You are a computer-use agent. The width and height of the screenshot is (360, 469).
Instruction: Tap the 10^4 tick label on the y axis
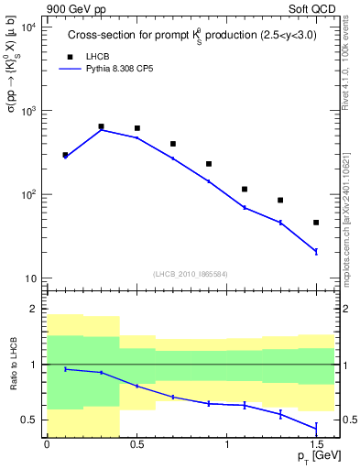27,27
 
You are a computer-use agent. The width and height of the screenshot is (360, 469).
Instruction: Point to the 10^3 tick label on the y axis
27,111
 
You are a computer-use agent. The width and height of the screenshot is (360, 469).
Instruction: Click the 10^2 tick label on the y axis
27,194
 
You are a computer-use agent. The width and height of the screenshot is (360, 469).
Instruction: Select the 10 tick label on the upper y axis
28,278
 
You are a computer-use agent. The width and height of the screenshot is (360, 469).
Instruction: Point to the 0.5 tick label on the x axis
136,443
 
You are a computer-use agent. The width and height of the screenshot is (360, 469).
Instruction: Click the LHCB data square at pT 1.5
316,223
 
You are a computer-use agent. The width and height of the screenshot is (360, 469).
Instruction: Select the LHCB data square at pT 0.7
172,144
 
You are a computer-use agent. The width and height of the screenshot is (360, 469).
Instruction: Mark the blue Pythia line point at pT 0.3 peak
101,130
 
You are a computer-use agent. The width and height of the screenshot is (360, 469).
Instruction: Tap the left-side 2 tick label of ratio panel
35,310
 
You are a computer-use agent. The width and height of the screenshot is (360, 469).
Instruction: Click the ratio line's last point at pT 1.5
316,428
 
